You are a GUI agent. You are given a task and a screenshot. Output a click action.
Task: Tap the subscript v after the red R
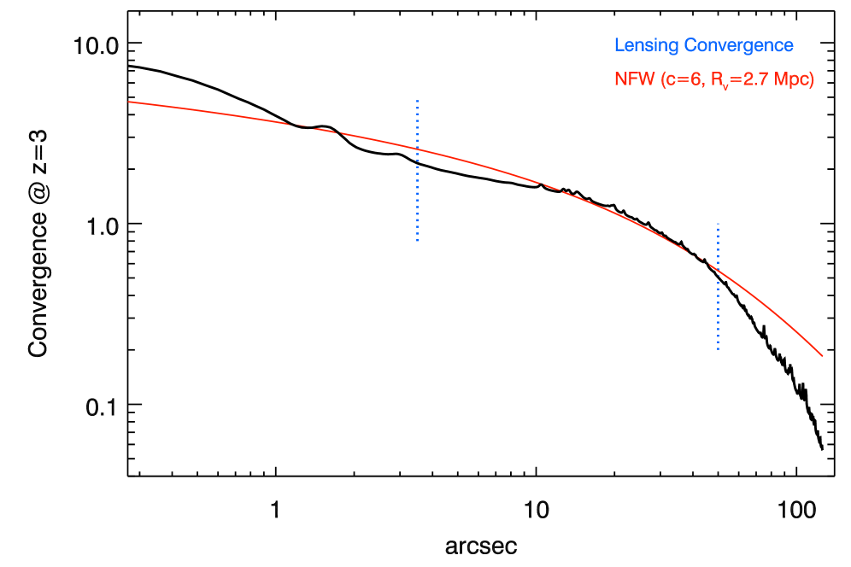[724, 85]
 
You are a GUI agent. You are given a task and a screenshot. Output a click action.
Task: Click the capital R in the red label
[716, 79]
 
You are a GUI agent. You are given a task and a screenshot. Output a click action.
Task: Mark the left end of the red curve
[129, 102]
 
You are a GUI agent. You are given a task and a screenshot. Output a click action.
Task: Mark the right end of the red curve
[823, 356]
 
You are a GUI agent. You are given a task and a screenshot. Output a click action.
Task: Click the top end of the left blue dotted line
[417, 101]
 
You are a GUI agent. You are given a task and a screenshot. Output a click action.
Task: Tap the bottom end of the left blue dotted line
[417, 242]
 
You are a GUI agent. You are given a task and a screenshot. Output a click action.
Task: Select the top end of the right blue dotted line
[719, 224]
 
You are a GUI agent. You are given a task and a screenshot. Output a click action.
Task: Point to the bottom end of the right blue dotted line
[719, 349]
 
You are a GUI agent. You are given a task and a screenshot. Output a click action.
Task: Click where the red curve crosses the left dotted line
[417, 149]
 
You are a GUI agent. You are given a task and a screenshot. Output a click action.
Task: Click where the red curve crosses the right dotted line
[719, 271]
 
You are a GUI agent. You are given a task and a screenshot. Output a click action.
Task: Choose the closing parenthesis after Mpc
[811, 79]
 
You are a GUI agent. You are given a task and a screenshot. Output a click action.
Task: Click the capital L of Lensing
[619, 46]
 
